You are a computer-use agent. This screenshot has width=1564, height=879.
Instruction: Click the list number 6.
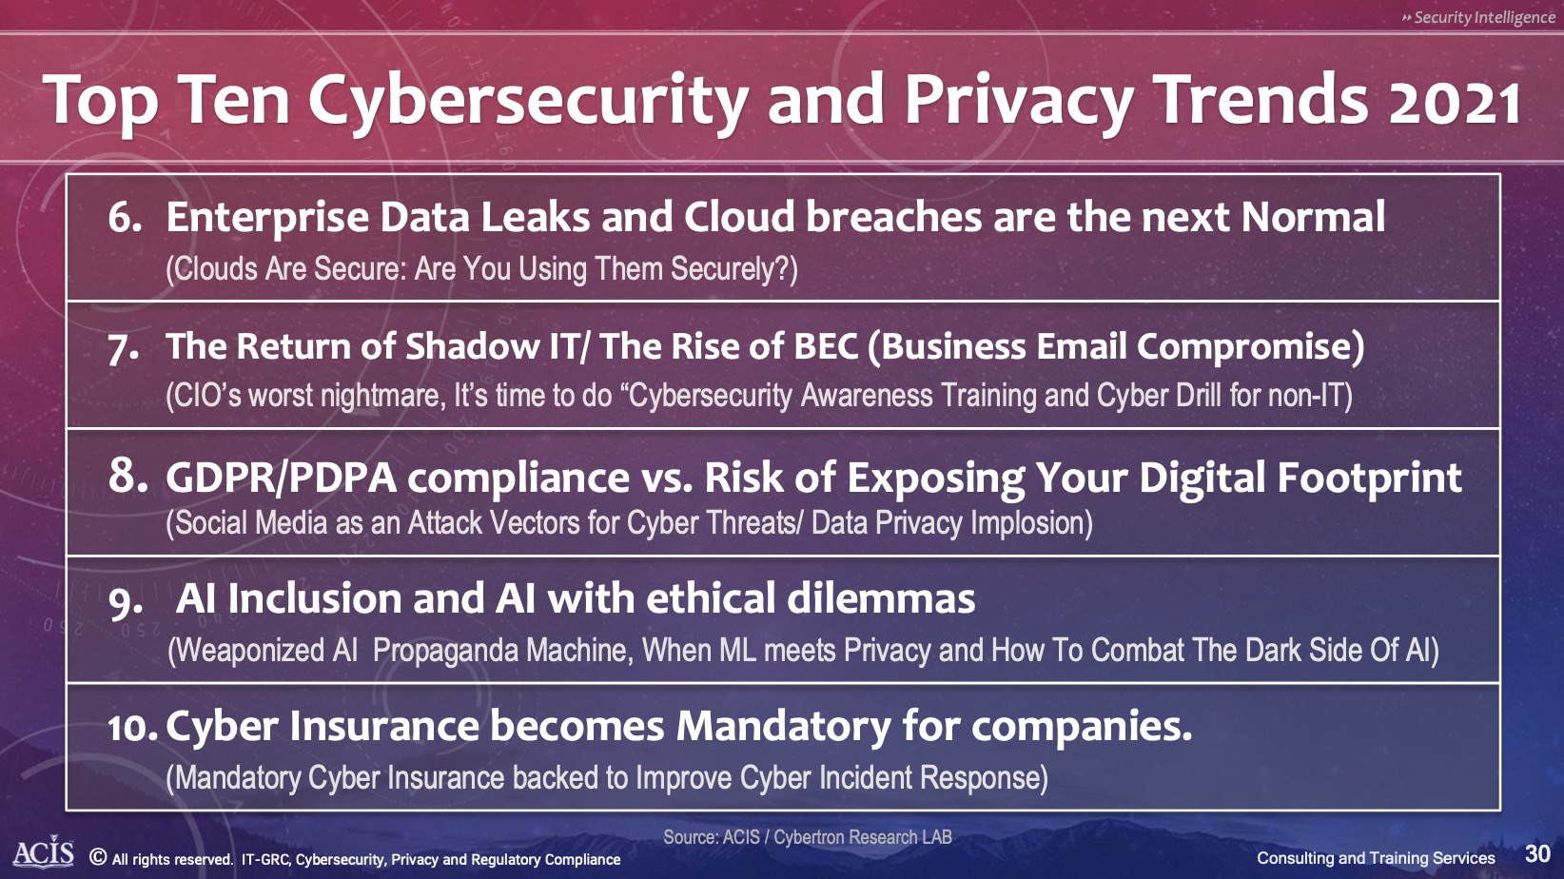(125, 217)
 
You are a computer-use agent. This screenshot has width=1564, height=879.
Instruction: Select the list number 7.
(124, 348)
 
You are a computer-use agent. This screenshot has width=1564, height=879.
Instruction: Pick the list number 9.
(126, 602)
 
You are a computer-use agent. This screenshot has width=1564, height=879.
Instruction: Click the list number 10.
(133, 728)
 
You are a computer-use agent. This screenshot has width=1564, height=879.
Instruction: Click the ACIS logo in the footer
(44, 854)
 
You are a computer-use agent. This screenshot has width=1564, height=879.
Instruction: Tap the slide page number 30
(1537, 854)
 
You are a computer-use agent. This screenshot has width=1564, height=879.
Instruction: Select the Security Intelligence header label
(1478, 17)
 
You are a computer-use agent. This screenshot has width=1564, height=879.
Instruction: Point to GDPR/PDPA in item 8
(281, 479)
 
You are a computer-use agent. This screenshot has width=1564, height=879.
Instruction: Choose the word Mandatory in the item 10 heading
(783, 727)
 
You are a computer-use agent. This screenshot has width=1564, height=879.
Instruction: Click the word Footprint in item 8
(1370, 478)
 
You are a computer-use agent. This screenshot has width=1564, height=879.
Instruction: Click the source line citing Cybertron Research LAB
(807, 837)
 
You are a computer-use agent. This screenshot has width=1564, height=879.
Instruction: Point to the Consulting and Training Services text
(1377, 858)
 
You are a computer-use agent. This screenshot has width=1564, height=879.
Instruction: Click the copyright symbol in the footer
(98, 857)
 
